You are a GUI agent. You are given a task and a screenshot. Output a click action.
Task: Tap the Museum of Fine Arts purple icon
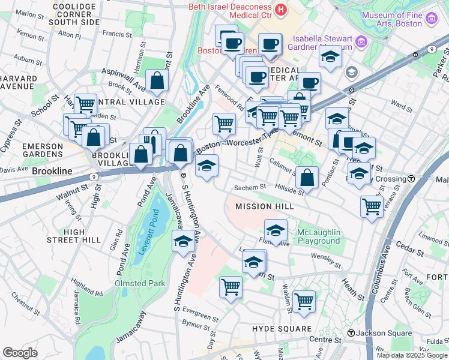click(430, 19)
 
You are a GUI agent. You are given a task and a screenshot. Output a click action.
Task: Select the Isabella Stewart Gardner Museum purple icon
click(361, 41)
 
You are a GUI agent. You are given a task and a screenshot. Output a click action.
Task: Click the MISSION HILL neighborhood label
click(264, 206)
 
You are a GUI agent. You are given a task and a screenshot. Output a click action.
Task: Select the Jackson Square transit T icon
click(351, 333)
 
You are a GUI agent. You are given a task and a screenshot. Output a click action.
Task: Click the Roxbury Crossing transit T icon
click(411, 179)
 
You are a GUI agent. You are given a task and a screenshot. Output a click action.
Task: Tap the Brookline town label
click(52, 171)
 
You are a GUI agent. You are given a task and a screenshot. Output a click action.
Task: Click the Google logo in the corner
click(20, 353)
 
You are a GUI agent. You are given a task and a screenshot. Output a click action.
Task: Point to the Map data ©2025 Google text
click(412, 355)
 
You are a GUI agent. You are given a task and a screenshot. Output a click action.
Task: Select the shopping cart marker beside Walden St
click(304, 302)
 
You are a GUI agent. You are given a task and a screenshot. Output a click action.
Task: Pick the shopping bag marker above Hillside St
click(307, 178)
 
